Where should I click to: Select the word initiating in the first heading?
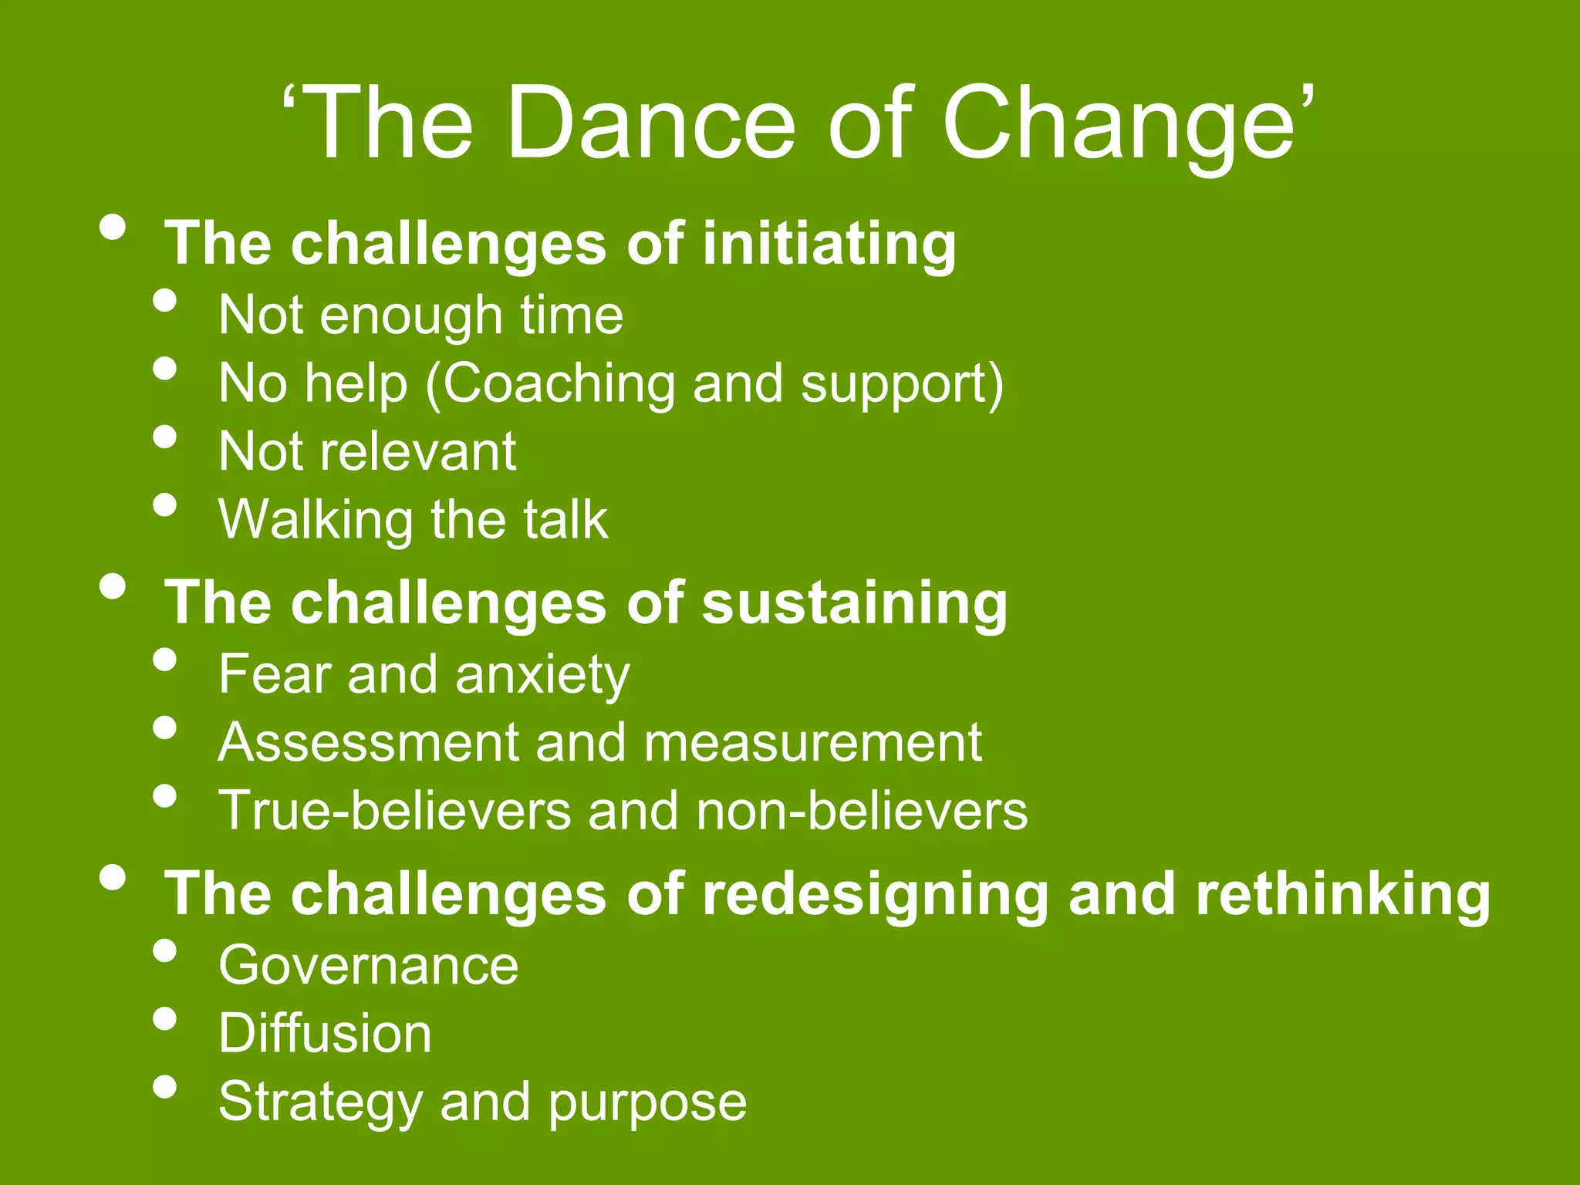tap(829, 244)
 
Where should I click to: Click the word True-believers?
tap(394, 810)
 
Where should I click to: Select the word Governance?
tap(368, 965)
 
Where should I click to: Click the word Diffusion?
tap(325, 1033)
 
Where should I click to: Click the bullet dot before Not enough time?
tap(164, 300)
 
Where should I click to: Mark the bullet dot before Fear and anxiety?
tap(164, 660)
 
